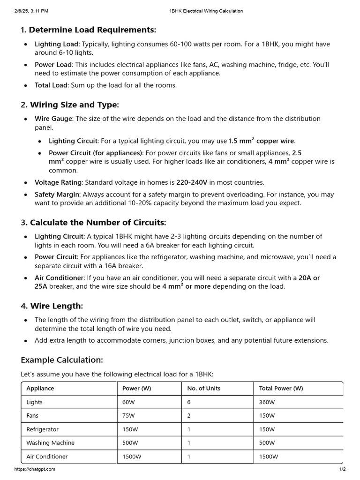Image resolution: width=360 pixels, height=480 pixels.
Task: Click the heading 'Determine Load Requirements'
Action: point(92,30)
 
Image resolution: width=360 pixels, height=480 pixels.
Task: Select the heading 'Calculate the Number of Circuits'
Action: point(97,222)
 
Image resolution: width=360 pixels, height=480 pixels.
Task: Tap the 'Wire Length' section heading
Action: point(56,306)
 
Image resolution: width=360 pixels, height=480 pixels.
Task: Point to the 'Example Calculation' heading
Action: point(61,360)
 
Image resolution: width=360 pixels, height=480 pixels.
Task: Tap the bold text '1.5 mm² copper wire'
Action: point(262,141)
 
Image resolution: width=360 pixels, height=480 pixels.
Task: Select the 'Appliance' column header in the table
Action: point(40,389)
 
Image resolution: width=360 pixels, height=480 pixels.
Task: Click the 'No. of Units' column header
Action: point(203,389)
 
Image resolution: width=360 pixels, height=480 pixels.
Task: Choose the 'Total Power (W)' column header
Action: point(281,389)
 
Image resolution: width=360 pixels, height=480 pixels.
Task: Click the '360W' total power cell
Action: point(267,402)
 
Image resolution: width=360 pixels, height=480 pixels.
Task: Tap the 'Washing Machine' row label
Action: point(50,443)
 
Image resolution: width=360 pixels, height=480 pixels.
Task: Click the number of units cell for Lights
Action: point(189,402)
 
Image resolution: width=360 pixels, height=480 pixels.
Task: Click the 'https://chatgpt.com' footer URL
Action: point(35,469)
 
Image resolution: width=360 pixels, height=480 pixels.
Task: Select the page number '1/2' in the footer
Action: point(342,469)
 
